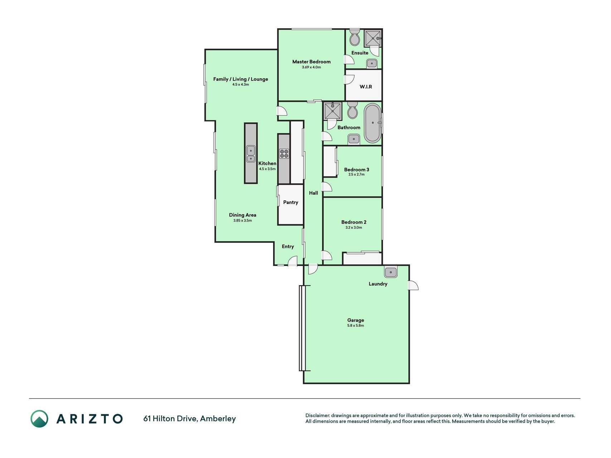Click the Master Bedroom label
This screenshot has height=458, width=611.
pos(311,62)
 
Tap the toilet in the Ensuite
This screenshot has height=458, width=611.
pos(354,38)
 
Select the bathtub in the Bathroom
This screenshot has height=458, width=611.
pos(373,123)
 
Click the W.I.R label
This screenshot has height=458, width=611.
pos(366,87)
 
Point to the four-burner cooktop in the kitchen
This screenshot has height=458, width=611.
pos(284,154)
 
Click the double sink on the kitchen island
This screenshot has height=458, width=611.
pos(251,154)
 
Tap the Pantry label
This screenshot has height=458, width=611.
pos(291,202)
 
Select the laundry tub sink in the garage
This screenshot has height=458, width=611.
pos(391,272)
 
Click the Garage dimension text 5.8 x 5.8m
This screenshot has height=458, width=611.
pos(355,326)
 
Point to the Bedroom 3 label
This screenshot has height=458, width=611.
pos(357,170)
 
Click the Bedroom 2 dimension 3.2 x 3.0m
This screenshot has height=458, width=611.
pos(354,228)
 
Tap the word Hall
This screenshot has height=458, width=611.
pos(314,193)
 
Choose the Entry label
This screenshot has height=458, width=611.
pos(288,247)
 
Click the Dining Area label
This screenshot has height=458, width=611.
pos(243,215)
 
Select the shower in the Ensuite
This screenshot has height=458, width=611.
pos(373,38)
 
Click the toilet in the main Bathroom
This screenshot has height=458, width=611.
pos(353,110)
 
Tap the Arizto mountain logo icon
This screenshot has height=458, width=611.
pos(39,419)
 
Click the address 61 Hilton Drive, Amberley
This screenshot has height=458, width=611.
pos(189,418)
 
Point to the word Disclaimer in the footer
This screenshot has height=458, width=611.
pos(317,415)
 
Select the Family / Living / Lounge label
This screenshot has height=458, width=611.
pos(241,79)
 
